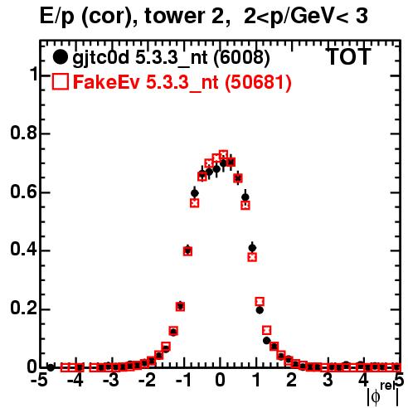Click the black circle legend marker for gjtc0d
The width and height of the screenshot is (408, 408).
coord(60,57)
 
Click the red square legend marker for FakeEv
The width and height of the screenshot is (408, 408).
coord(60,81)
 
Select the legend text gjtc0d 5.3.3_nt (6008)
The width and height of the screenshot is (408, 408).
coord(171,58)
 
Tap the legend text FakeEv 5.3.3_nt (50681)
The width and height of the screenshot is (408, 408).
coord(182,82)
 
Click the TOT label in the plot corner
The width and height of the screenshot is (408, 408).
coord(348,56)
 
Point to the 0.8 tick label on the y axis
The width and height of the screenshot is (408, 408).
coord(23,133)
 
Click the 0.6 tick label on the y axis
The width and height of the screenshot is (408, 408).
coord(23,192)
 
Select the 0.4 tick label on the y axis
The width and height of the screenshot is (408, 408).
coord(23,250)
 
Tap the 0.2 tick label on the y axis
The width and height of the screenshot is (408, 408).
coord(23,308)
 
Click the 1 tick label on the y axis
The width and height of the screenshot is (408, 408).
coord(34,74)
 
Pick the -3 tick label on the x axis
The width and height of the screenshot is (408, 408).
coord(111,381)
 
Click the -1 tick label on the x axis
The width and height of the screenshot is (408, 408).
coord(183,381)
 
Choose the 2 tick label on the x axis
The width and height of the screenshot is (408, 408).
coord(292,381)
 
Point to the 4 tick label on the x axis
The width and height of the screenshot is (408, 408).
coord(363,381)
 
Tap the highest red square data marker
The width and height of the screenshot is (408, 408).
coord(223,155)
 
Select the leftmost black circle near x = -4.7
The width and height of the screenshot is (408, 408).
coord(51,367)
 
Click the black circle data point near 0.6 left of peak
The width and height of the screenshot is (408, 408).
coord(195,193)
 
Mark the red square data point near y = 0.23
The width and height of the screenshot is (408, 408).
coord(260,301)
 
